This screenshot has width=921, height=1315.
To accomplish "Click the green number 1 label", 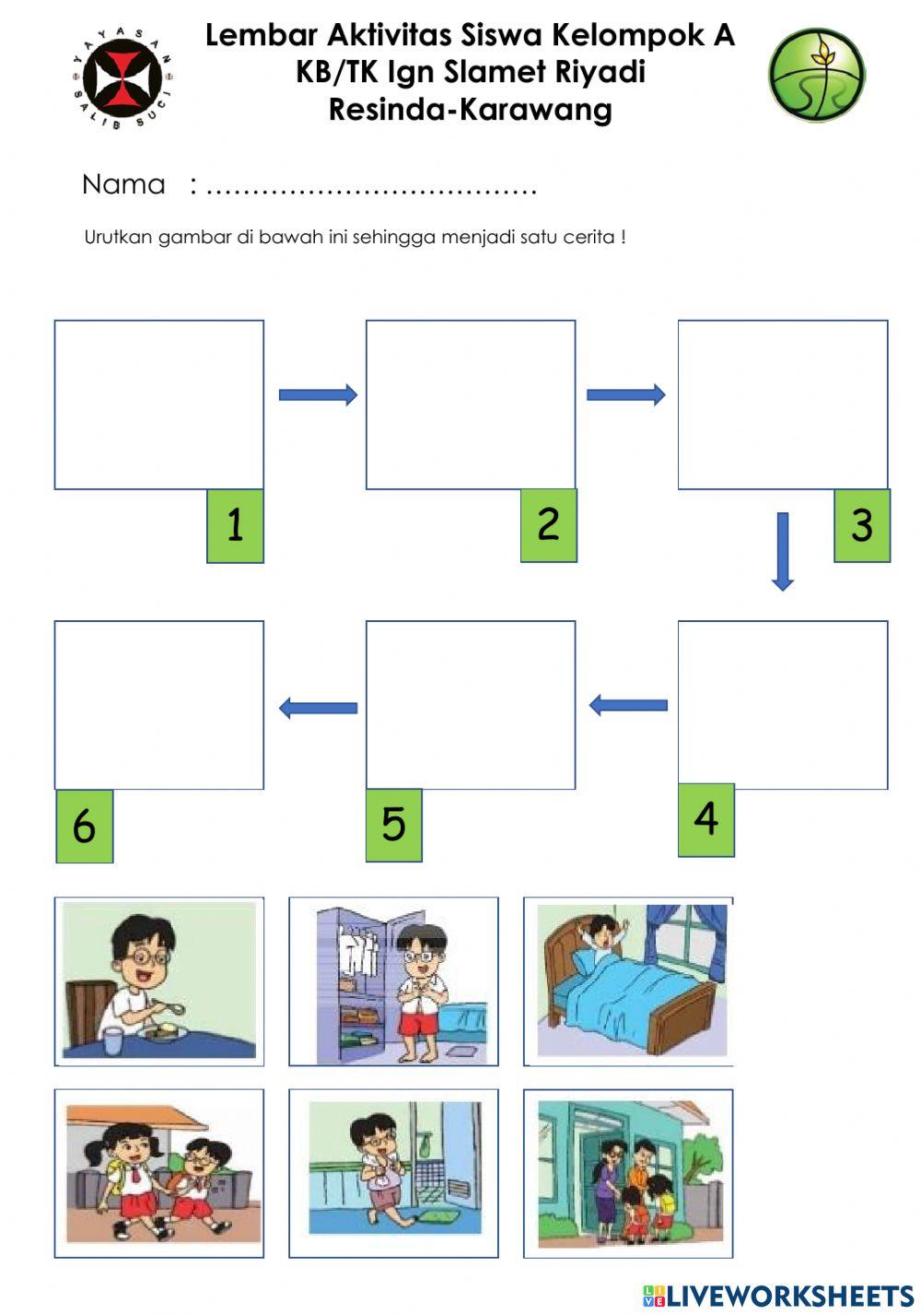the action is (235, 525).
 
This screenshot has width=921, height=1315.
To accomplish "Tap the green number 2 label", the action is (548, 524).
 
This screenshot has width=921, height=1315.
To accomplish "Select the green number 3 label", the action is (862, 525).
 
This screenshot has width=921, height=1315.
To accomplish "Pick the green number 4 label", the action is (706, 819).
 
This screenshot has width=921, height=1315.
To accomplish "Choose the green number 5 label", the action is (393, 825).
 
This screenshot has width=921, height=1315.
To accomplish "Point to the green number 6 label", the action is (84, 826).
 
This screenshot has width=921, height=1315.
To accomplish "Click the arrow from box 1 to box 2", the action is (318, 394).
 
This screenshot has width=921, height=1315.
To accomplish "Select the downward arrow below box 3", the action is (783, 550).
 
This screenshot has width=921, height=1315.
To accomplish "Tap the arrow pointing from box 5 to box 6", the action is (318, 708).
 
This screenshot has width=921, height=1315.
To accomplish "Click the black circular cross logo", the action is (122, 78).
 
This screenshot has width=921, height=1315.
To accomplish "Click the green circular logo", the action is (816, 75).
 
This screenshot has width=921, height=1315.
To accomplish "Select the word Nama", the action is (123, 184).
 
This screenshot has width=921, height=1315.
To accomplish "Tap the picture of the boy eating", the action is (159, 980).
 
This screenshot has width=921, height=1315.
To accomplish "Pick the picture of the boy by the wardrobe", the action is (393, 980).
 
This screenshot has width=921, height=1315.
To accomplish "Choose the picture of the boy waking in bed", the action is (628, 980).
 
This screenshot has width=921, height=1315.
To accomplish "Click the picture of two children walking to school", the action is (159, 1173).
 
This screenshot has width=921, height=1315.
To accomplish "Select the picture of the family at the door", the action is (628, 1173).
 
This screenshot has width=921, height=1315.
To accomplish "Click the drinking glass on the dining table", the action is (112, 1041).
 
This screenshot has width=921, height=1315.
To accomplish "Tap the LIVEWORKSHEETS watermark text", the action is (790, 1296).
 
